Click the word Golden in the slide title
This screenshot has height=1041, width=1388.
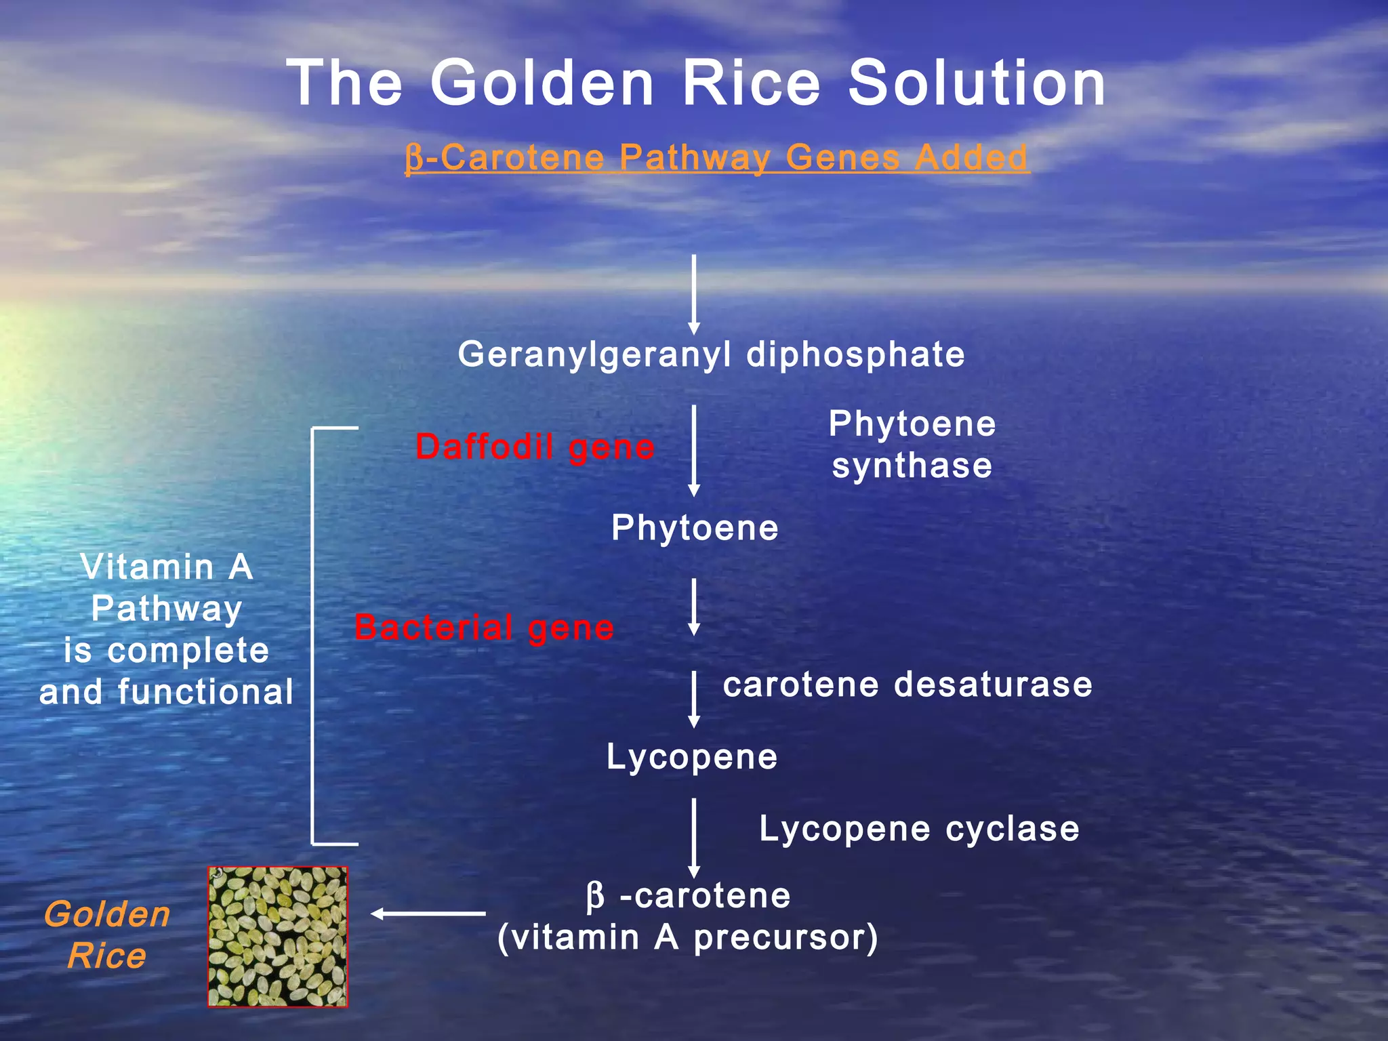542,83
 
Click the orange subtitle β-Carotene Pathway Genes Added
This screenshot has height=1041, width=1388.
717,158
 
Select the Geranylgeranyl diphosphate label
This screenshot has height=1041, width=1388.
711,354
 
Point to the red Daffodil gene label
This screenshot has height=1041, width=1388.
535,447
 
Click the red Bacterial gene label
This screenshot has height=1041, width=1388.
484,628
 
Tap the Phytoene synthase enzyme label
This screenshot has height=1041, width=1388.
912,445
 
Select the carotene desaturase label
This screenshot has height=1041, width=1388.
907,685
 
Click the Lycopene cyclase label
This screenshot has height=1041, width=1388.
919,829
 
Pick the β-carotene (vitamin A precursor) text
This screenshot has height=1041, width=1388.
687,916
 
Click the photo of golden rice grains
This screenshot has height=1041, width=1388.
277,937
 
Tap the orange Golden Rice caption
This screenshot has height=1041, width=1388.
107,935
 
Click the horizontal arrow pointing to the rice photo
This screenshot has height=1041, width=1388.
428,914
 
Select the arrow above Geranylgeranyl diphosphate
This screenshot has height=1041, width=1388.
693,295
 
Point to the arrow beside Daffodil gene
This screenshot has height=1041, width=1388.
693,451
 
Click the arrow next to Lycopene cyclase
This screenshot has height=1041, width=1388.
693,838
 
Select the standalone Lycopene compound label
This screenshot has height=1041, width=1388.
692,757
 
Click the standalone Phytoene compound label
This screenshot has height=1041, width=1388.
695,528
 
